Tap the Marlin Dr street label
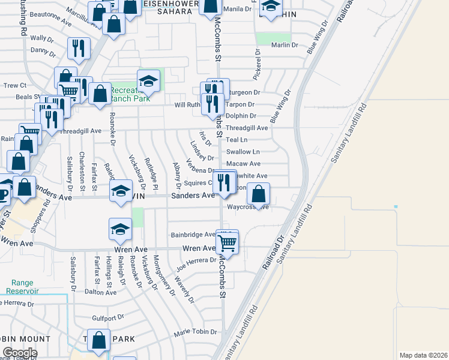click(x=284, y=45)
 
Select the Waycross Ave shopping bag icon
click(x=258, y=194)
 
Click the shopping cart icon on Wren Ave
click(x=227, y=243)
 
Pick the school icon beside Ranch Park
click(x=148, y=81)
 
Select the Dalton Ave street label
click(x=100, y=292)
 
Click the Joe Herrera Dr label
click(x=196, y=260)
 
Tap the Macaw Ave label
click(x=243, y=163)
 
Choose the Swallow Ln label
click(x=243, y=152)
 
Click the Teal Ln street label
click(x=237, y=140)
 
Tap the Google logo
click(x=19, y=353)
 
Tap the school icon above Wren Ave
click(x=120, y=230)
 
